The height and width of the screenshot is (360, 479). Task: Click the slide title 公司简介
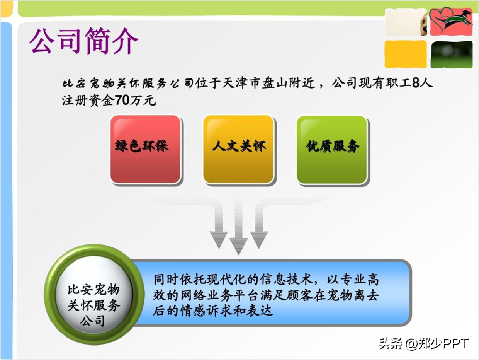[x=84, y=41]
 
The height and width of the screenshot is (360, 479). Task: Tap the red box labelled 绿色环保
[x=146, y=149]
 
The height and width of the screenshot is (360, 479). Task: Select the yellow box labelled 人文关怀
[x=238, y=149]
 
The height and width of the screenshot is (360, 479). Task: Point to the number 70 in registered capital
[x=122, y=100]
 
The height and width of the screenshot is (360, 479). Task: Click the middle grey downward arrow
[x=238, y=225]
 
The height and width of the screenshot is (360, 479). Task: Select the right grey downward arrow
[x=259, y=225]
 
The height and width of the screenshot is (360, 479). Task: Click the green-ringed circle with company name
[x=94, y=294]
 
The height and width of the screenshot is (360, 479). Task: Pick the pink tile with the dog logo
[x=451, y=22]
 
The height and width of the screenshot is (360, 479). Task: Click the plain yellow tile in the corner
[x=406, y=54]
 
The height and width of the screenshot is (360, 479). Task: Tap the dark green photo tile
[x=452, y=55]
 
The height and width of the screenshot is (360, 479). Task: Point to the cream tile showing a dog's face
[x=406, y=22]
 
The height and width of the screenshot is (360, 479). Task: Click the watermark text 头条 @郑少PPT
[x=423, y=344]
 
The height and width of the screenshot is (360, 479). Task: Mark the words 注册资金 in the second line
[x=88, y=101]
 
